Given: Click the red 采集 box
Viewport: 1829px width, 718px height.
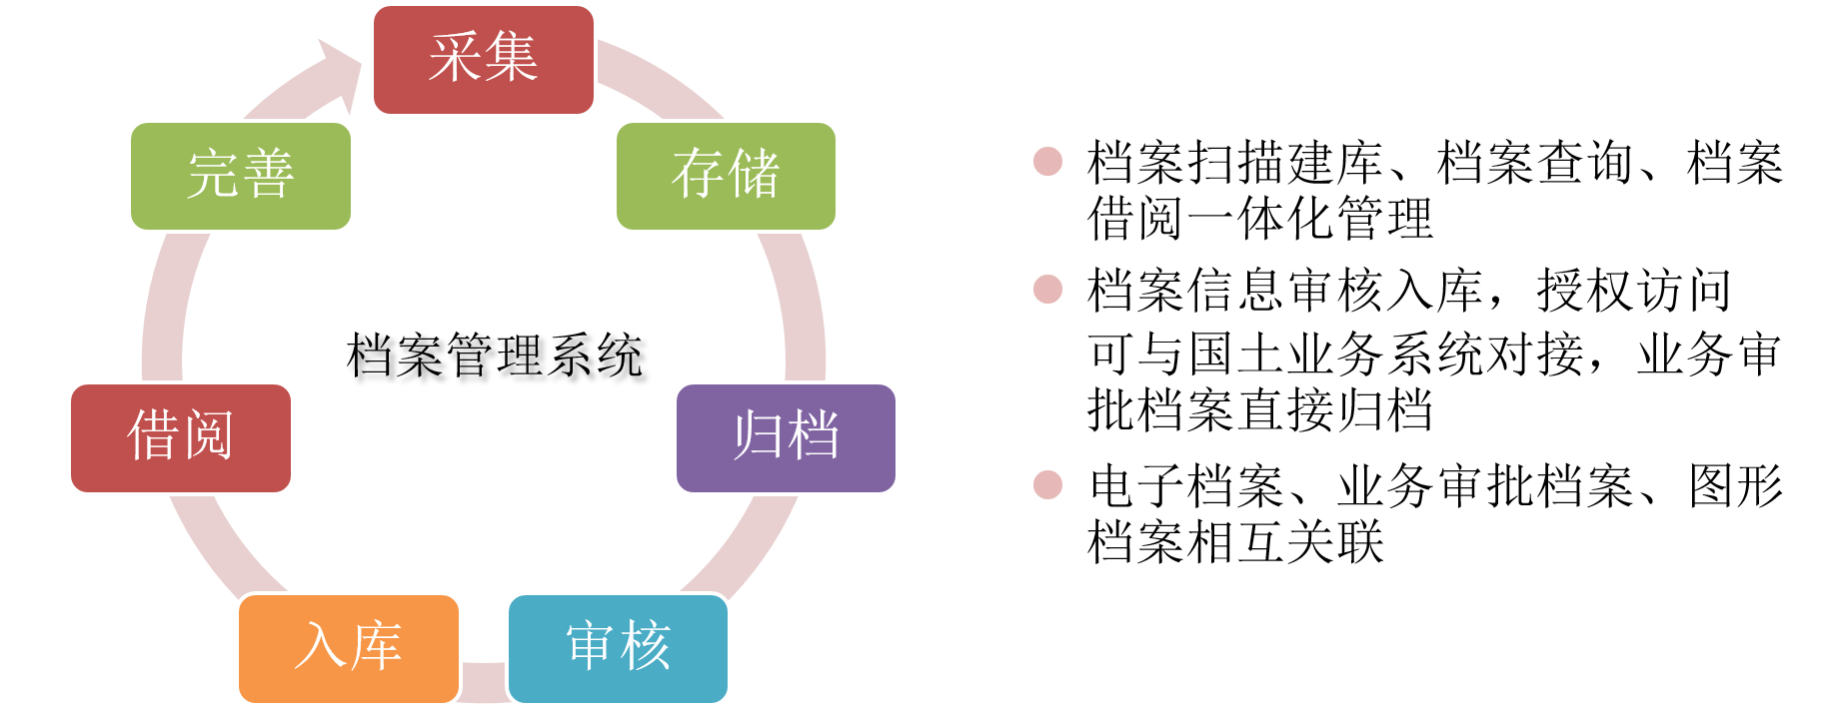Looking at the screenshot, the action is (484, 60).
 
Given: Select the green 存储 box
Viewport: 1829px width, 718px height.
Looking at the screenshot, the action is (726, 176).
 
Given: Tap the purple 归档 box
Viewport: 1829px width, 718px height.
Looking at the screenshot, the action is (786, 438).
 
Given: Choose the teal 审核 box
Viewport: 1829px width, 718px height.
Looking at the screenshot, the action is (618, 648).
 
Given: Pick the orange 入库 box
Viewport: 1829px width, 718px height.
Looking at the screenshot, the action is (349, 648).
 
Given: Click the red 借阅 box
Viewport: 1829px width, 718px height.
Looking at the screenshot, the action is (181, 438).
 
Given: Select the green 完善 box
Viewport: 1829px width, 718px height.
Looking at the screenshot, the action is (241, 176).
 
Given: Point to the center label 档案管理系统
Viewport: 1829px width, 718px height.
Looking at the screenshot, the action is (495, 356).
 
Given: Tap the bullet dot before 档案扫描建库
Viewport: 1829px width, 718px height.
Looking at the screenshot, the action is (1047, 161).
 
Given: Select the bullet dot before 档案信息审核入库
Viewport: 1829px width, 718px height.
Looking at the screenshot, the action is (1047, 289).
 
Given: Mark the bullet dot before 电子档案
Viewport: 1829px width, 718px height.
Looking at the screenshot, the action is (1047, 484).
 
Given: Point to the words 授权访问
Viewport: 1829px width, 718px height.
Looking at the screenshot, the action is (1634, 291).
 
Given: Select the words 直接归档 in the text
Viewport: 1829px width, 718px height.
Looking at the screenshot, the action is (1334, 409).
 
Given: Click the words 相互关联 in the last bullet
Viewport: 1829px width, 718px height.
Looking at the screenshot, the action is (1285, 542).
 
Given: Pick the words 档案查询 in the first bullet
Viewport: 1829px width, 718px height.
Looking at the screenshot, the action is (1535, 162).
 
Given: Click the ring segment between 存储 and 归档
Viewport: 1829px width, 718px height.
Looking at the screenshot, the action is (801, 306).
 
